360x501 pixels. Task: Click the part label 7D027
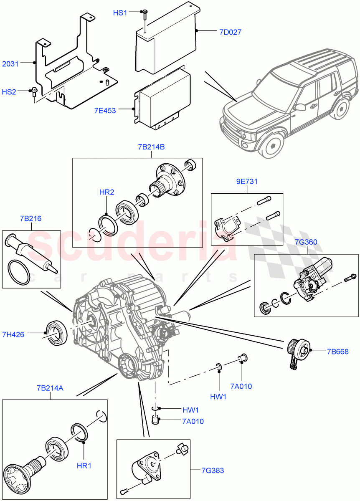(229, 32)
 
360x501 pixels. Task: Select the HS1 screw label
(120, 13)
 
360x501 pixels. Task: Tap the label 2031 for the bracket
(10, 64)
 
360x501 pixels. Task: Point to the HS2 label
(9, 92)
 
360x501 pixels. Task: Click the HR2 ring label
(107, 192)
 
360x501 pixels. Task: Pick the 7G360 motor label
(306, 243)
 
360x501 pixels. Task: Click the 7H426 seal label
(13, 334)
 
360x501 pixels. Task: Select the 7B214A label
(50, 388)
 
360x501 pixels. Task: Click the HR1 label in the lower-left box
(84, 466)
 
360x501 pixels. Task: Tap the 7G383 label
(212, 471)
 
